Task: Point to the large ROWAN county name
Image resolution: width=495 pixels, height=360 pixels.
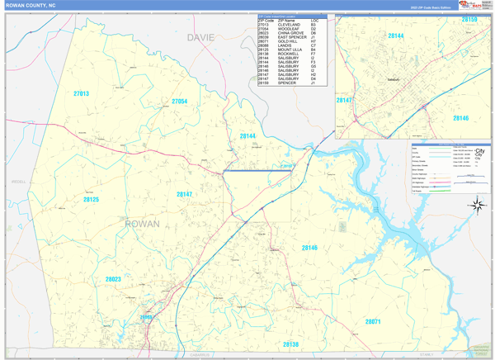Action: coord(142,224)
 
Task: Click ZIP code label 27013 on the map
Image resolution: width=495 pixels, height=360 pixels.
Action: coord(81,94)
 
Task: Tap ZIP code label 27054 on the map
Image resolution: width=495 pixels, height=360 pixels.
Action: coord(180,102)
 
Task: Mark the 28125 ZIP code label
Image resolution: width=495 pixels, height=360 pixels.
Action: coord(91,199)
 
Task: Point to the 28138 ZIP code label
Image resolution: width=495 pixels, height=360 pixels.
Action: coord(290,343)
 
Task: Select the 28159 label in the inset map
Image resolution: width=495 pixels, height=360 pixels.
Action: coord(469,18)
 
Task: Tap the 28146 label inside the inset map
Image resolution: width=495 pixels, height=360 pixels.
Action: coord(460,119)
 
